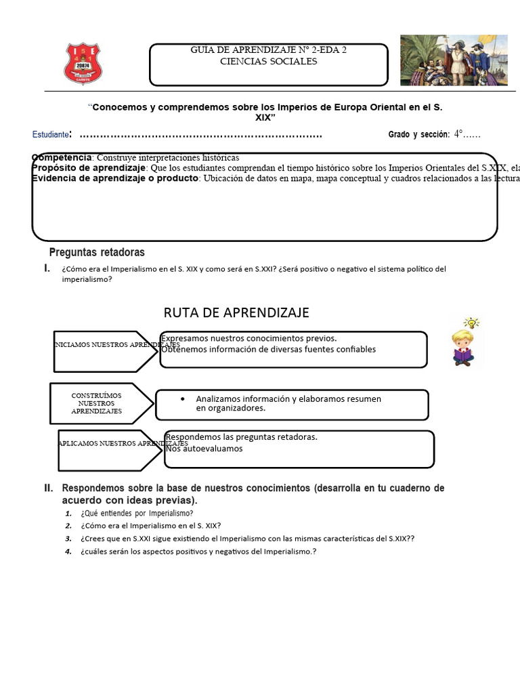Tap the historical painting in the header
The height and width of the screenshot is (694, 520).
click(x=453, y=60)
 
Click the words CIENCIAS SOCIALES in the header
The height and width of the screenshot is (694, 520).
click(x=268, y=62)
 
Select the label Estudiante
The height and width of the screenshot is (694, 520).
click(x=51, y=135)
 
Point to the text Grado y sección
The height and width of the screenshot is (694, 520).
click(x=418, y=135)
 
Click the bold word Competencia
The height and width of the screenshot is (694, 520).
click(x=61, y=157)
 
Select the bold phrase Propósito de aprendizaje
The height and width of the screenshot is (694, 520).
click(x=89, y=167)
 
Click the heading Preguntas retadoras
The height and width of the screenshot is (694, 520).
click(x=106, y=253)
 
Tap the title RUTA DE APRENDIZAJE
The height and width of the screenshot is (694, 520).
click(x=236, y=312)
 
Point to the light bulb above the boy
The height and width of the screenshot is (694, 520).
click(x=471, y=323)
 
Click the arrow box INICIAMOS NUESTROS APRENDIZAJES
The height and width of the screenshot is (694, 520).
click(x=105, y=351)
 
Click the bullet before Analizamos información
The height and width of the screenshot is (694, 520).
click(x=183, y=399)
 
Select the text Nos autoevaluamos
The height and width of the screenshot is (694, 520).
click(x=204, y=449)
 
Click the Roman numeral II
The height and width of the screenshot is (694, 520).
click(x=49, y=488)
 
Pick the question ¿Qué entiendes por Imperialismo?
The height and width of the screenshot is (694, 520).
click(x=137, y=513)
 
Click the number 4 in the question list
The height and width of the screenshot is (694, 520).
click(x=68, y=552)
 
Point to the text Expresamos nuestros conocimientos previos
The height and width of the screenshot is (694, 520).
click(x=248, y=338)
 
